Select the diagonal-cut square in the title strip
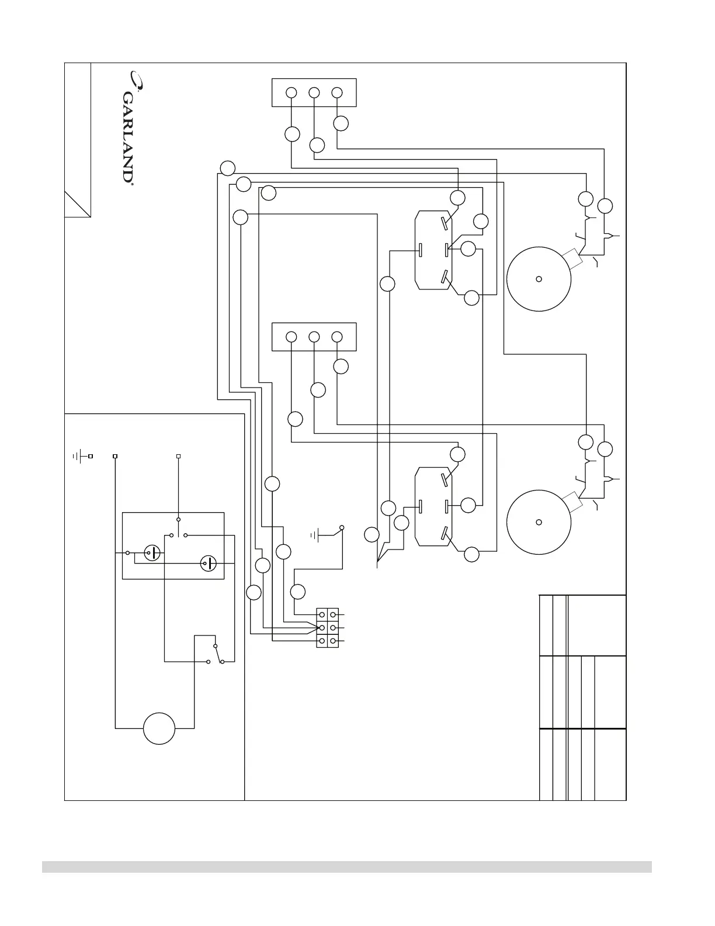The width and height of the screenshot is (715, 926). [x=77, y=204]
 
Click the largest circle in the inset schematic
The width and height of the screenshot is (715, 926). [x=159, y=728]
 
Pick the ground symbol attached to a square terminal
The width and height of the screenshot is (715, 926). [x=80, y=455]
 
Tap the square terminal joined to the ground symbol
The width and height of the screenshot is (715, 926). [x=91, y=455]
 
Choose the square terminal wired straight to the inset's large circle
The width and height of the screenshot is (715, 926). [x=115, y=455]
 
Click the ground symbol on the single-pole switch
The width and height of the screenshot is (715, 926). [x=315, y=534]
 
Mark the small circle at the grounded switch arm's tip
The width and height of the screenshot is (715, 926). [x=342, y=527]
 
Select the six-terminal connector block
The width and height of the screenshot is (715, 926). [x=327, y=628]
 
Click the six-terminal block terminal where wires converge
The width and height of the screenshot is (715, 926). [x=321, y=628]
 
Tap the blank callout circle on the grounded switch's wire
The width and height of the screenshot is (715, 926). [x=298, y=592]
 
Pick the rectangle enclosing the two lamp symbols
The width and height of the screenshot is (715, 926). [x=173, y=546]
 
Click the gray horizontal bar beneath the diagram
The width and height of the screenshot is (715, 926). [x=346, y=866]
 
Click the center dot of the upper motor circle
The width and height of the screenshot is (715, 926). [x=539, y=279]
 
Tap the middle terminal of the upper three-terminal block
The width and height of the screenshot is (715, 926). [x=314, y=93]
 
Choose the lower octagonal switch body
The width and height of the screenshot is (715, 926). [x=433, y=506]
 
